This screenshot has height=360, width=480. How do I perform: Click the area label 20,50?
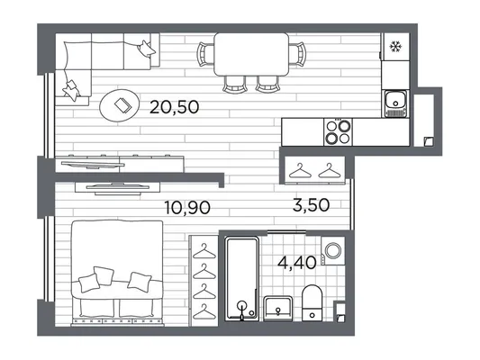[174, 107]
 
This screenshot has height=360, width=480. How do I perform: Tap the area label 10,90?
[187, 208]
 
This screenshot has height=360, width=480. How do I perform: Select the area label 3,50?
[311, 205]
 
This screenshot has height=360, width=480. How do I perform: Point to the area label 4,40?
[297, 263]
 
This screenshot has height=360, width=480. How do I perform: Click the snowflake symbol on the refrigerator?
[395, 47]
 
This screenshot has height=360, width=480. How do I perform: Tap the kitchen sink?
[395, 103]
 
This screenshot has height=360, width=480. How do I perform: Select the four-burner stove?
[338, 132]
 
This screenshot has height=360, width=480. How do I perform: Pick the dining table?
[251, 54]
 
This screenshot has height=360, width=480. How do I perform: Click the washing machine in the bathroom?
[332, 251]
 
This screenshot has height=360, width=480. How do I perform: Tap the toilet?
[312, 302]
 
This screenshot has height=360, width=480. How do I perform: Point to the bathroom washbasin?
[277, 309]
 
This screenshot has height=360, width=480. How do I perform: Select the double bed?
[117, 273]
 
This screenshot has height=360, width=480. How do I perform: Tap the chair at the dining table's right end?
[297, 54]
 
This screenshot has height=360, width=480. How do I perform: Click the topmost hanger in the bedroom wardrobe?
[204, 252]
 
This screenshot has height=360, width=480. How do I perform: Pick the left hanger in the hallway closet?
[300, 171]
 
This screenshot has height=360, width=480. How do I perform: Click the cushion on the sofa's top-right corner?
[146, 49]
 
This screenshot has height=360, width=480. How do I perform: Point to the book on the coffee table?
[122, 105]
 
